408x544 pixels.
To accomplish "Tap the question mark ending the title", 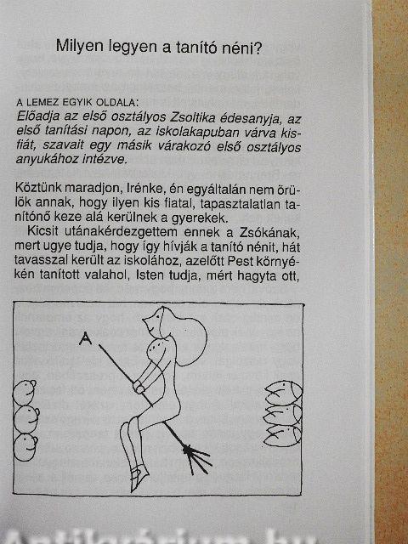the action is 257,48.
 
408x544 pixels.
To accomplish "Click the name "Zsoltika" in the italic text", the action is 193,117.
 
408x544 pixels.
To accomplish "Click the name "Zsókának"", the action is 269,232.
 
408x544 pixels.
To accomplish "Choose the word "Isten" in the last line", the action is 150,275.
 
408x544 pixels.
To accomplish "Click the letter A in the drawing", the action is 85,338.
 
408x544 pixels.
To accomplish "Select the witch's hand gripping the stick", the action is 139,387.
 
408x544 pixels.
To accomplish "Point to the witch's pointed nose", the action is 146,320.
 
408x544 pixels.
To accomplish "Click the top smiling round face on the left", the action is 25,393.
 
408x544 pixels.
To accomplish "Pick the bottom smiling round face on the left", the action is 25,448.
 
